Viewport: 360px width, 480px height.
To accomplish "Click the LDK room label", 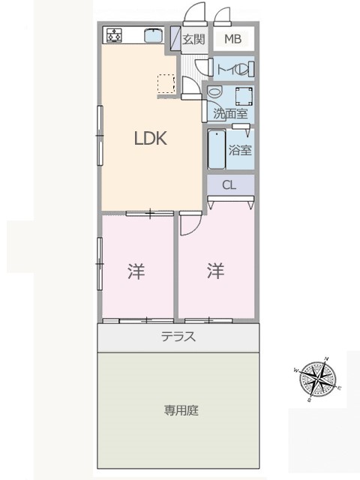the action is (151, 138).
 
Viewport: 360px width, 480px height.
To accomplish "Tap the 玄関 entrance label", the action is (193, 39).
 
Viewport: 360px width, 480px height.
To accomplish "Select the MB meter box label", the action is (233, 39).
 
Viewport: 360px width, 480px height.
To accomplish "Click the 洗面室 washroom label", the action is (230, 113).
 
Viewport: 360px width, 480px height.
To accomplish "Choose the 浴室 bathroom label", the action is (240, 150).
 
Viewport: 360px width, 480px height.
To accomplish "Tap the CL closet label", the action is (229, 185).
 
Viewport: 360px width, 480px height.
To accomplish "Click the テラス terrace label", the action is (178, 337).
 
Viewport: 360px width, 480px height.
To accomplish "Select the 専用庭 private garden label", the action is (181, 410).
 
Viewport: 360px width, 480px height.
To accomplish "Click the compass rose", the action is (318, 379).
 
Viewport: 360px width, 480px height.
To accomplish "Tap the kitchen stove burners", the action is (114, 35).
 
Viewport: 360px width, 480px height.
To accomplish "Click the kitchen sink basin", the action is (153, 36).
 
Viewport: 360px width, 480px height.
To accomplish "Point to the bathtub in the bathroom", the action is (217, 150).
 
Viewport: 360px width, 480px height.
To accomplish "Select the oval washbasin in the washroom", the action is (215, 91).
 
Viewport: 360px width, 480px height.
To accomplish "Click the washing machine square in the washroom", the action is (244, 96).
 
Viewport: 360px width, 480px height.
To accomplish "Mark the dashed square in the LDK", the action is (166, 83).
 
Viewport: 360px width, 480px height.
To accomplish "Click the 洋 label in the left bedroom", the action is (136, 271).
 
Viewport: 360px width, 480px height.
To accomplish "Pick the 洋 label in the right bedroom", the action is (215, 271).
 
